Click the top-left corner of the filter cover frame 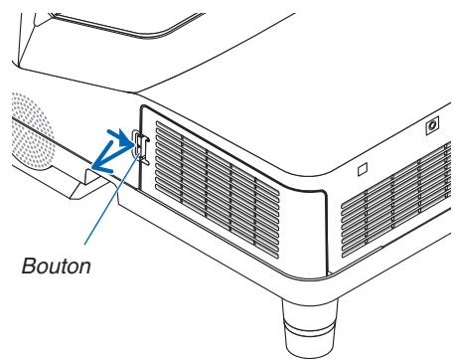(143, 108)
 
